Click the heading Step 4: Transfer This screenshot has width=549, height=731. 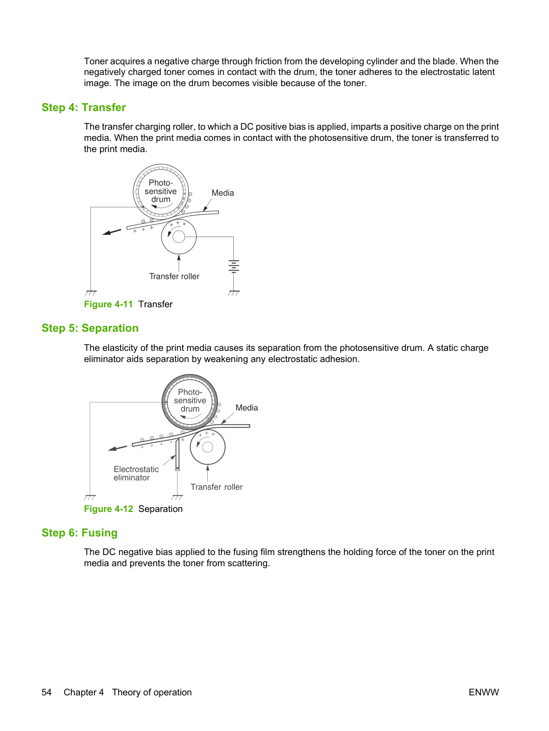coord(83,107)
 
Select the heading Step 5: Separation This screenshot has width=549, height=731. coord(90,328)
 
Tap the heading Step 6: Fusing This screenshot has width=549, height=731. coord(80,533)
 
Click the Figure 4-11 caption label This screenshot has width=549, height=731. coord(108,304)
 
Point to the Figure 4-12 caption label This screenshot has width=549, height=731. coord(108,509)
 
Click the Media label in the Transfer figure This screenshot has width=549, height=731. coord(223,193)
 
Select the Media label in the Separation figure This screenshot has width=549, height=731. coord(247,408)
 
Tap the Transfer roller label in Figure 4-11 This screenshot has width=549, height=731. coord(174,276)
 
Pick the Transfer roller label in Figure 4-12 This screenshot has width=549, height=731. coord(216,487)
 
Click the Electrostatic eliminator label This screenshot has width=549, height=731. coord(136,473)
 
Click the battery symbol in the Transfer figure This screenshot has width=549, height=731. coord(234,266)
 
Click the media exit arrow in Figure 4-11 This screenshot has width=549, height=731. coord(112,232)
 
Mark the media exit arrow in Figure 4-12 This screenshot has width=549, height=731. coord(117,448)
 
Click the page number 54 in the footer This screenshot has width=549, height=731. coord(47,692)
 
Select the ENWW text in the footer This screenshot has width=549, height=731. coord(484,692)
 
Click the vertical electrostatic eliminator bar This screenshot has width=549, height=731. coord(178,454)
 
